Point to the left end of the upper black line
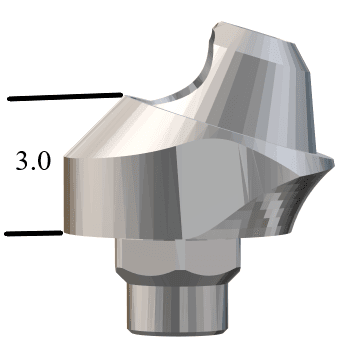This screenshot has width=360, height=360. pos(8,99)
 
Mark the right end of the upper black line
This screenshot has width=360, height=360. pos(121,95)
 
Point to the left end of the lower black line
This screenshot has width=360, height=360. pos(7,234)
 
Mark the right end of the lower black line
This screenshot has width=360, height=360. pos(62,234)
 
